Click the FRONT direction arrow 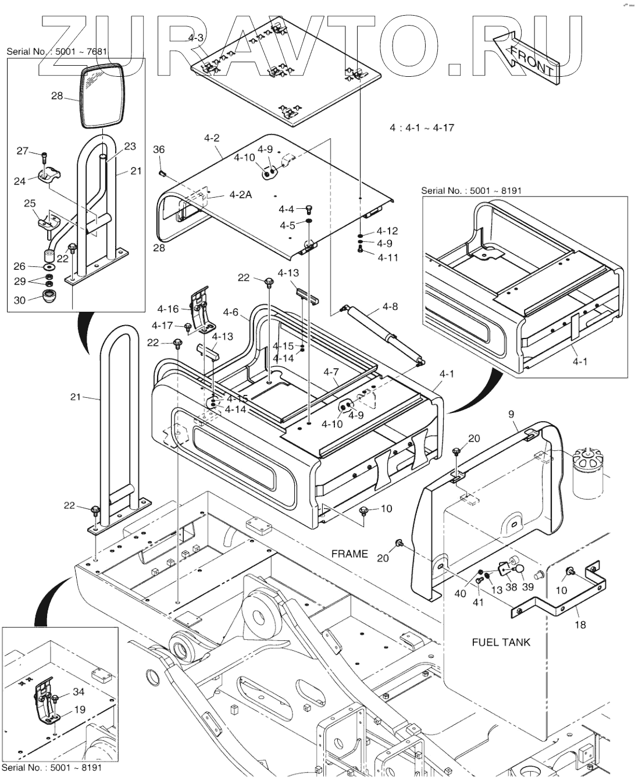coord(526,58)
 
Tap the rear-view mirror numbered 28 coord(102,96)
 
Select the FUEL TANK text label coord(501,642)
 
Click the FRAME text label coord(349,554)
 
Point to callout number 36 coord(159,149)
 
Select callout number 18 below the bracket coord(580,625)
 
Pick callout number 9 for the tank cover coord(511,414)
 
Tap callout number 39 coord(527,586)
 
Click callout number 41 coord(477,602)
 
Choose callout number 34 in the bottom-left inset coord(79,692)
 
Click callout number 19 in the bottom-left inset coord(79,710)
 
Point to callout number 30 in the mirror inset coord(20,300)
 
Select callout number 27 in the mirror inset coord(22,151)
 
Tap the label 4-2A coord(241,195)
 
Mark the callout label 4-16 coord(168,309)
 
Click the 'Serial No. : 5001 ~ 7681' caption coord(57,51)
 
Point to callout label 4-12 coord(387,231)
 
